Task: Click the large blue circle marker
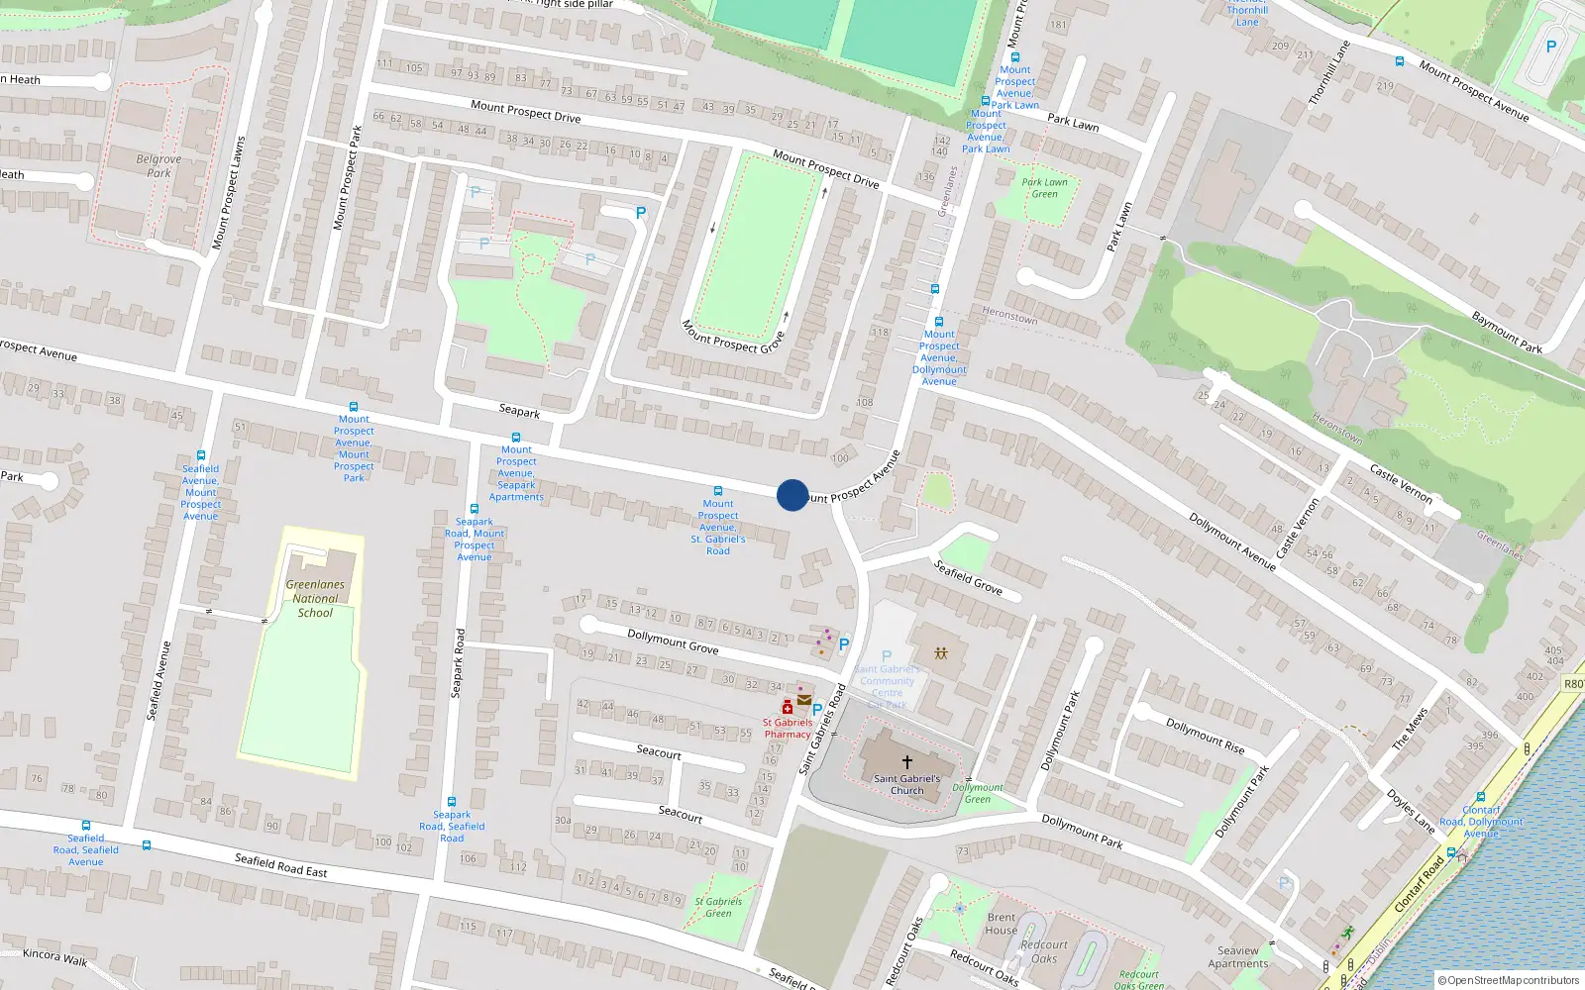(792, 495)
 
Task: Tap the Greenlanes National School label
(315, 599)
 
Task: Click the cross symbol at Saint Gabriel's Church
(906, 761)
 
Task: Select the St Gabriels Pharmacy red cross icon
(788, 707)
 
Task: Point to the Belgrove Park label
(158, 165)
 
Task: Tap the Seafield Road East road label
(280, 865)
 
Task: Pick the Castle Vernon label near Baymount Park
(1401, 483)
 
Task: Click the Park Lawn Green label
(1044, 188)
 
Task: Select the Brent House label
(1002, 924)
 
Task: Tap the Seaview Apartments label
(1237, 957)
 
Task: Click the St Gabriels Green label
(718, 907)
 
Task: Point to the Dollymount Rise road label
(1205, 736)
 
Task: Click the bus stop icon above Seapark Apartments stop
(515, 437)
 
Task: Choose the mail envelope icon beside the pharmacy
(803, 700)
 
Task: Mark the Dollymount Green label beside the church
(978, 793)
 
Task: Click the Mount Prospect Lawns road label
(228, 193)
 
